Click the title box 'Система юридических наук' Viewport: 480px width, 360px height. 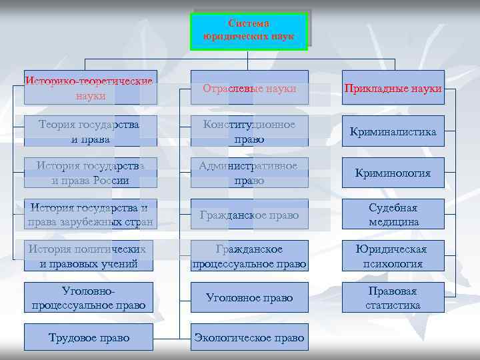[x=249, y=31]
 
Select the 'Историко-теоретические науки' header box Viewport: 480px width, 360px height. [x=90, y=88]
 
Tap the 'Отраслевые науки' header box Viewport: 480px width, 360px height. [x=249, y=88]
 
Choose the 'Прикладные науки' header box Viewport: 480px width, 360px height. [x=393, y=88]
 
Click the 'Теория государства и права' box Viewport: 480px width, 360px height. [x=90, y=131]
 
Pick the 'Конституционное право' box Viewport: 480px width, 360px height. [x=249, y=131]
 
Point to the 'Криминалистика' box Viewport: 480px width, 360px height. [x=393, y=132]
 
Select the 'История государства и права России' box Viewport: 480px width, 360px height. [x=90, y=173]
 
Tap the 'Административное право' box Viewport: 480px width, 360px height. [x=249, y=173]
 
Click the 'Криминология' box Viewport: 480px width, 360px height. [x=393, y=173]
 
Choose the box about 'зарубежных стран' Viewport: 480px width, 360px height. [x=90, y=214]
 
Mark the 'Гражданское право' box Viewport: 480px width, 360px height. [x=249, y=215]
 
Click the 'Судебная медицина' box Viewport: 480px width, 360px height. [x=393, y=214]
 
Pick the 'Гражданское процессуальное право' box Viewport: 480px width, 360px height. [x=249, y=256]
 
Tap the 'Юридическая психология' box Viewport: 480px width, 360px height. [x=393, y=256]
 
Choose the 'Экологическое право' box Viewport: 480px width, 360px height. [x=249, y=338]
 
